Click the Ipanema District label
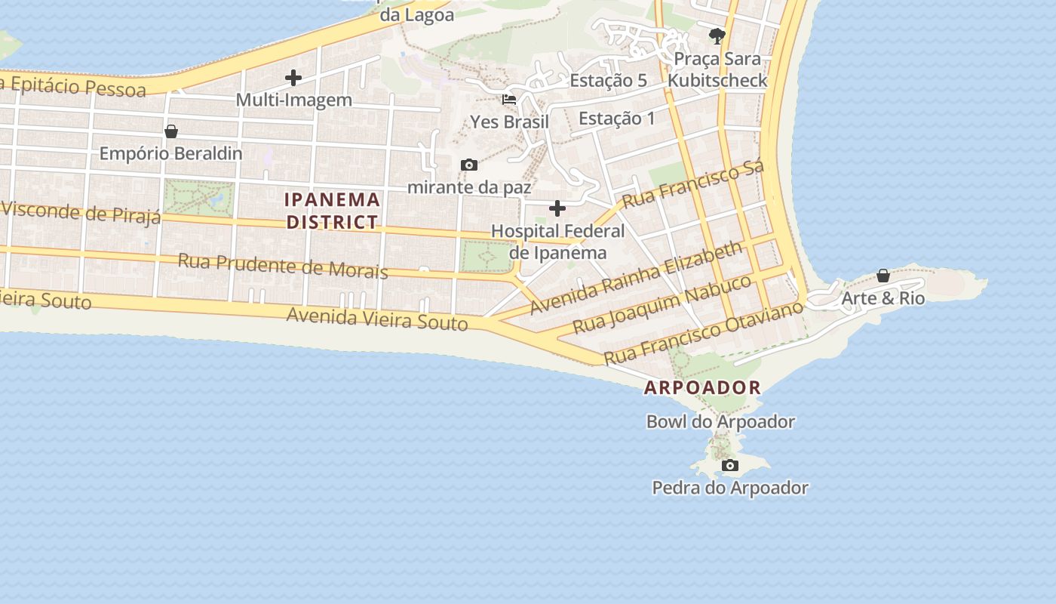click(333, 211)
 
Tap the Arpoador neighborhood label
click(702, 388)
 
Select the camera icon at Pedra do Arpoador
click(729, 465)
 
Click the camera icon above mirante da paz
click(468, 165)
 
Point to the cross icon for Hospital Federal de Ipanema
click(557, 208)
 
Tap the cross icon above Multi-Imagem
click(293, 77)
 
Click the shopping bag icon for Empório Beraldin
click(171, 131)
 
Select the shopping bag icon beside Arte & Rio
click(883, 276)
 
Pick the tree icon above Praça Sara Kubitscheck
click(717, 35)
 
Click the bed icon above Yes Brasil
click(509, 99)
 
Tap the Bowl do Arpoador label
click(720, 421)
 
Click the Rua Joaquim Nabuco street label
click(662, 304)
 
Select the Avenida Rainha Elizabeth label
click(636, 278)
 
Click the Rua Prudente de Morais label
click(283, 265)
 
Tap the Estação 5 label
click(608, 81)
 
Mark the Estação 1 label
click(617, 119)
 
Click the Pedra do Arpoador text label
click(730, 488)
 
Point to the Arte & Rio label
click(883, 298)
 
